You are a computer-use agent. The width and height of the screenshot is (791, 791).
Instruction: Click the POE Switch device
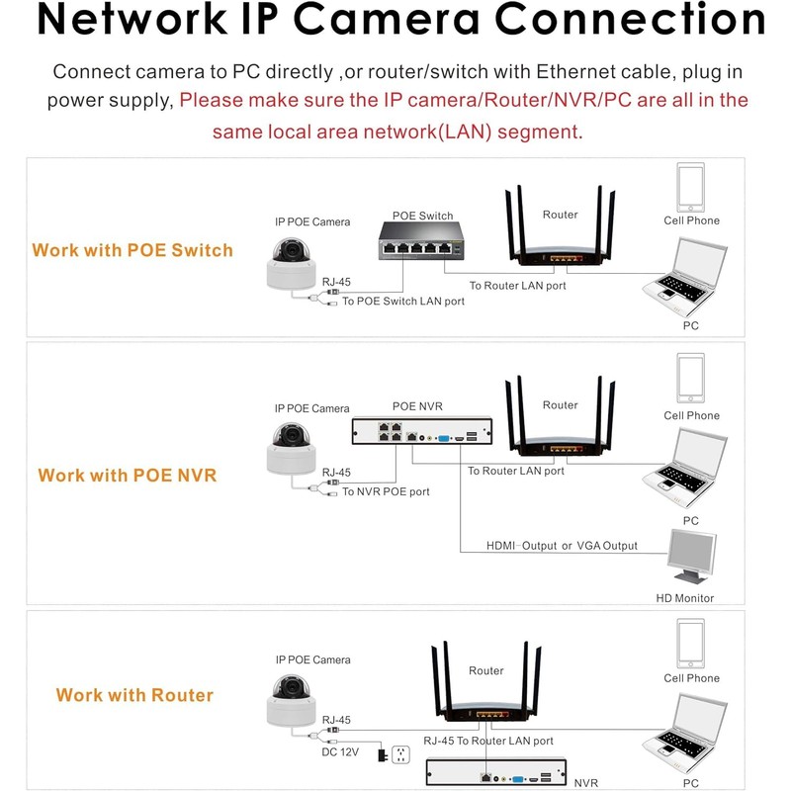pos(421,241)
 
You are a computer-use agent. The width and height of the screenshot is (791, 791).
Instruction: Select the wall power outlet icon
pos(400,754)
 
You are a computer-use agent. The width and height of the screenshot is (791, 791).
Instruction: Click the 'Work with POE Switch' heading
pos(132,250)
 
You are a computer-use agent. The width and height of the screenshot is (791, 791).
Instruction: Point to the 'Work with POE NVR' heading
pos(128,476)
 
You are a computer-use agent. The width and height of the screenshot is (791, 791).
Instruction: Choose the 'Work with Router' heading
pos(134,695)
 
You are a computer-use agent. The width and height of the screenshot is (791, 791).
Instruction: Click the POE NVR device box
pos(422,431)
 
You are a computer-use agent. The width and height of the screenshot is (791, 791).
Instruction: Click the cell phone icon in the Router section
pos(690,644)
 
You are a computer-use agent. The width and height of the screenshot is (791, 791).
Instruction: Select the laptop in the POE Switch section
pos(685,277)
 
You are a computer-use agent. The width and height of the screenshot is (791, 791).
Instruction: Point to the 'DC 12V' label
pos(340,752)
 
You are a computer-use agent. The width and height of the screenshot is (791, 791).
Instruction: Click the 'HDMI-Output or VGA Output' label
pos(562,546)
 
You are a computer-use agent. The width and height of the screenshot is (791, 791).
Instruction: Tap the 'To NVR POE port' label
pos(386,491)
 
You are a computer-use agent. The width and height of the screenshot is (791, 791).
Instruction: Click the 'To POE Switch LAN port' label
pos(403,302)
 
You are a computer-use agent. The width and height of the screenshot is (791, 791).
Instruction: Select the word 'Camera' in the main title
pos(386,19)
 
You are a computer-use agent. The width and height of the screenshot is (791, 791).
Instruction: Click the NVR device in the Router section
pos(496,772)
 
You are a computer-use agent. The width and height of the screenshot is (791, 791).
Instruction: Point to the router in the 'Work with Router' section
pos(486,681)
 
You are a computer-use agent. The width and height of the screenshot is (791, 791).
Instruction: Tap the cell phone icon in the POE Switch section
pos(690,187)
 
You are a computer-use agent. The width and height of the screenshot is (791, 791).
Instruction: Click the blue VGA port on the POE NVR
pos(443,438)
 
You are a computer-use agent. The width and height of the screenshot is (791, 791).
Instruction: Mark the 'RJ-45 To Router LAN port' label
pos(488,741)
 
